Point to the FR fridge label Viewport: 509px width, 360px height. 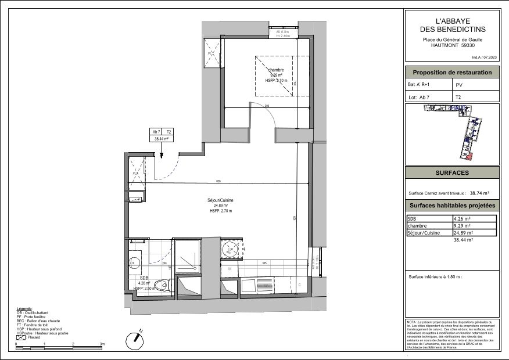(230, 269)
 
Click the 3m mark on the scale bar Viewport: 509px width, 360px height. (102, 345)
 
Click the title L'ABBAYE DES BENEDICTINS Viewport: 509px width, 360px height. (452, 25)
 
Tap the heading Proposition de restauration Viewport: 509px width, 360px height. (452, 73)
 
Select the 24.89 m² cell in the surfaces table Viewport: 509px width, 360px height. (463, 232)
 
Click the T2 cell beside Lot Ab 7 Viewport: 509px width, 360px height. (458, 98)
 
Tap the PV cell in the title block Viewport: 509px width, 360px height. (458, 85)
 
